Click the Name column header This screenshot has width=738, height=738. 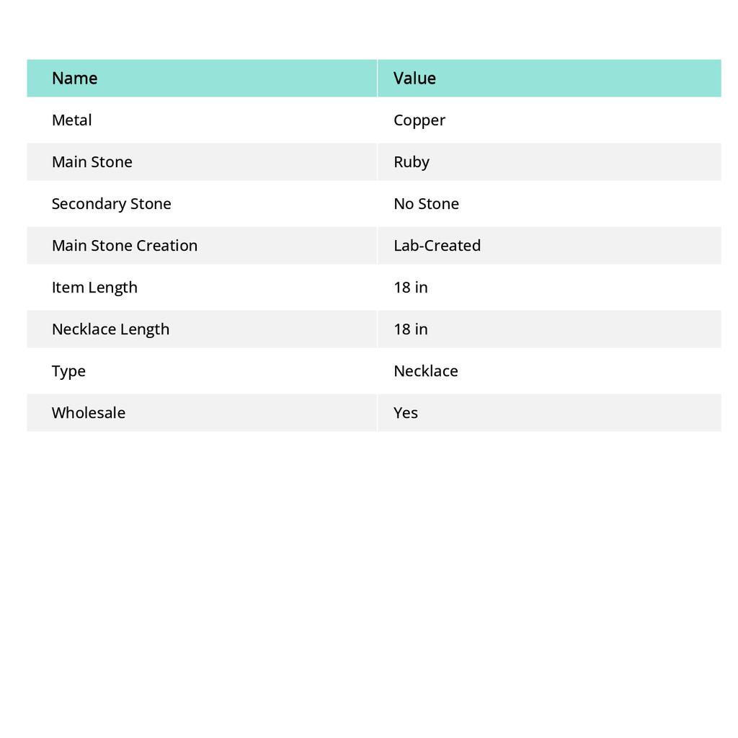[x=74, y=78]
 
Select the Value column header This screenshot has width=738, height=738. [x=414, y=78]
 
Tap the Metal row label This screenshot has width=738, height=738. [x=71, y=120]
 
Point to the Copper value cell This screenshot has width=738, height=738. [x=419, y=120]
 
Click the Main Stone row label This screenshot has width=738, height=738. [x=92, y=161]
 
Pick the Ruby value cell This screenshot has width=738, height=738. [x=412, y=162]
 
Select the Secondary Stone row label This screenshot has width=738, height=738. [x=111, y=203]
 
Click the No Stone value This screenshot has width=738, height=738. [x=426, y=203]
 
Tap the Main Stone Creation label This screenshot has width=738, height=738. [x=125, y=245]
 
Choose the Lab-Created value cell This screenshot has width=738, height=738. [x=437, y=245]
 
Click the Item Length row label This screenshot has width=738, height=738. [x=94, y=287]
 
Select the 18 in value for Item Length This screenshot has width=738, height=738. [x=411, y=287]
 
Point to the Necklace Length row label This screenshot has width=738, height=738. [x=110, y=329]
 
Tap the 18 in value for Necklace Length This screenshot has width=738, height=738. [x=411, y=329]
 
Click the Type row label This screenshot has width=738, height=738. [x=68, y=371]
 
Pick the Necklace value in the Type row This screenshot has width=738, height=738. [x=425, y=370]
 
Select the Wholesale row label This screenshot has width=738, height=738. [x=89, y=412]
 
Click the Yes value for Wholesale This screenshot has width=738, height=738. [x=406, y=412]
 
